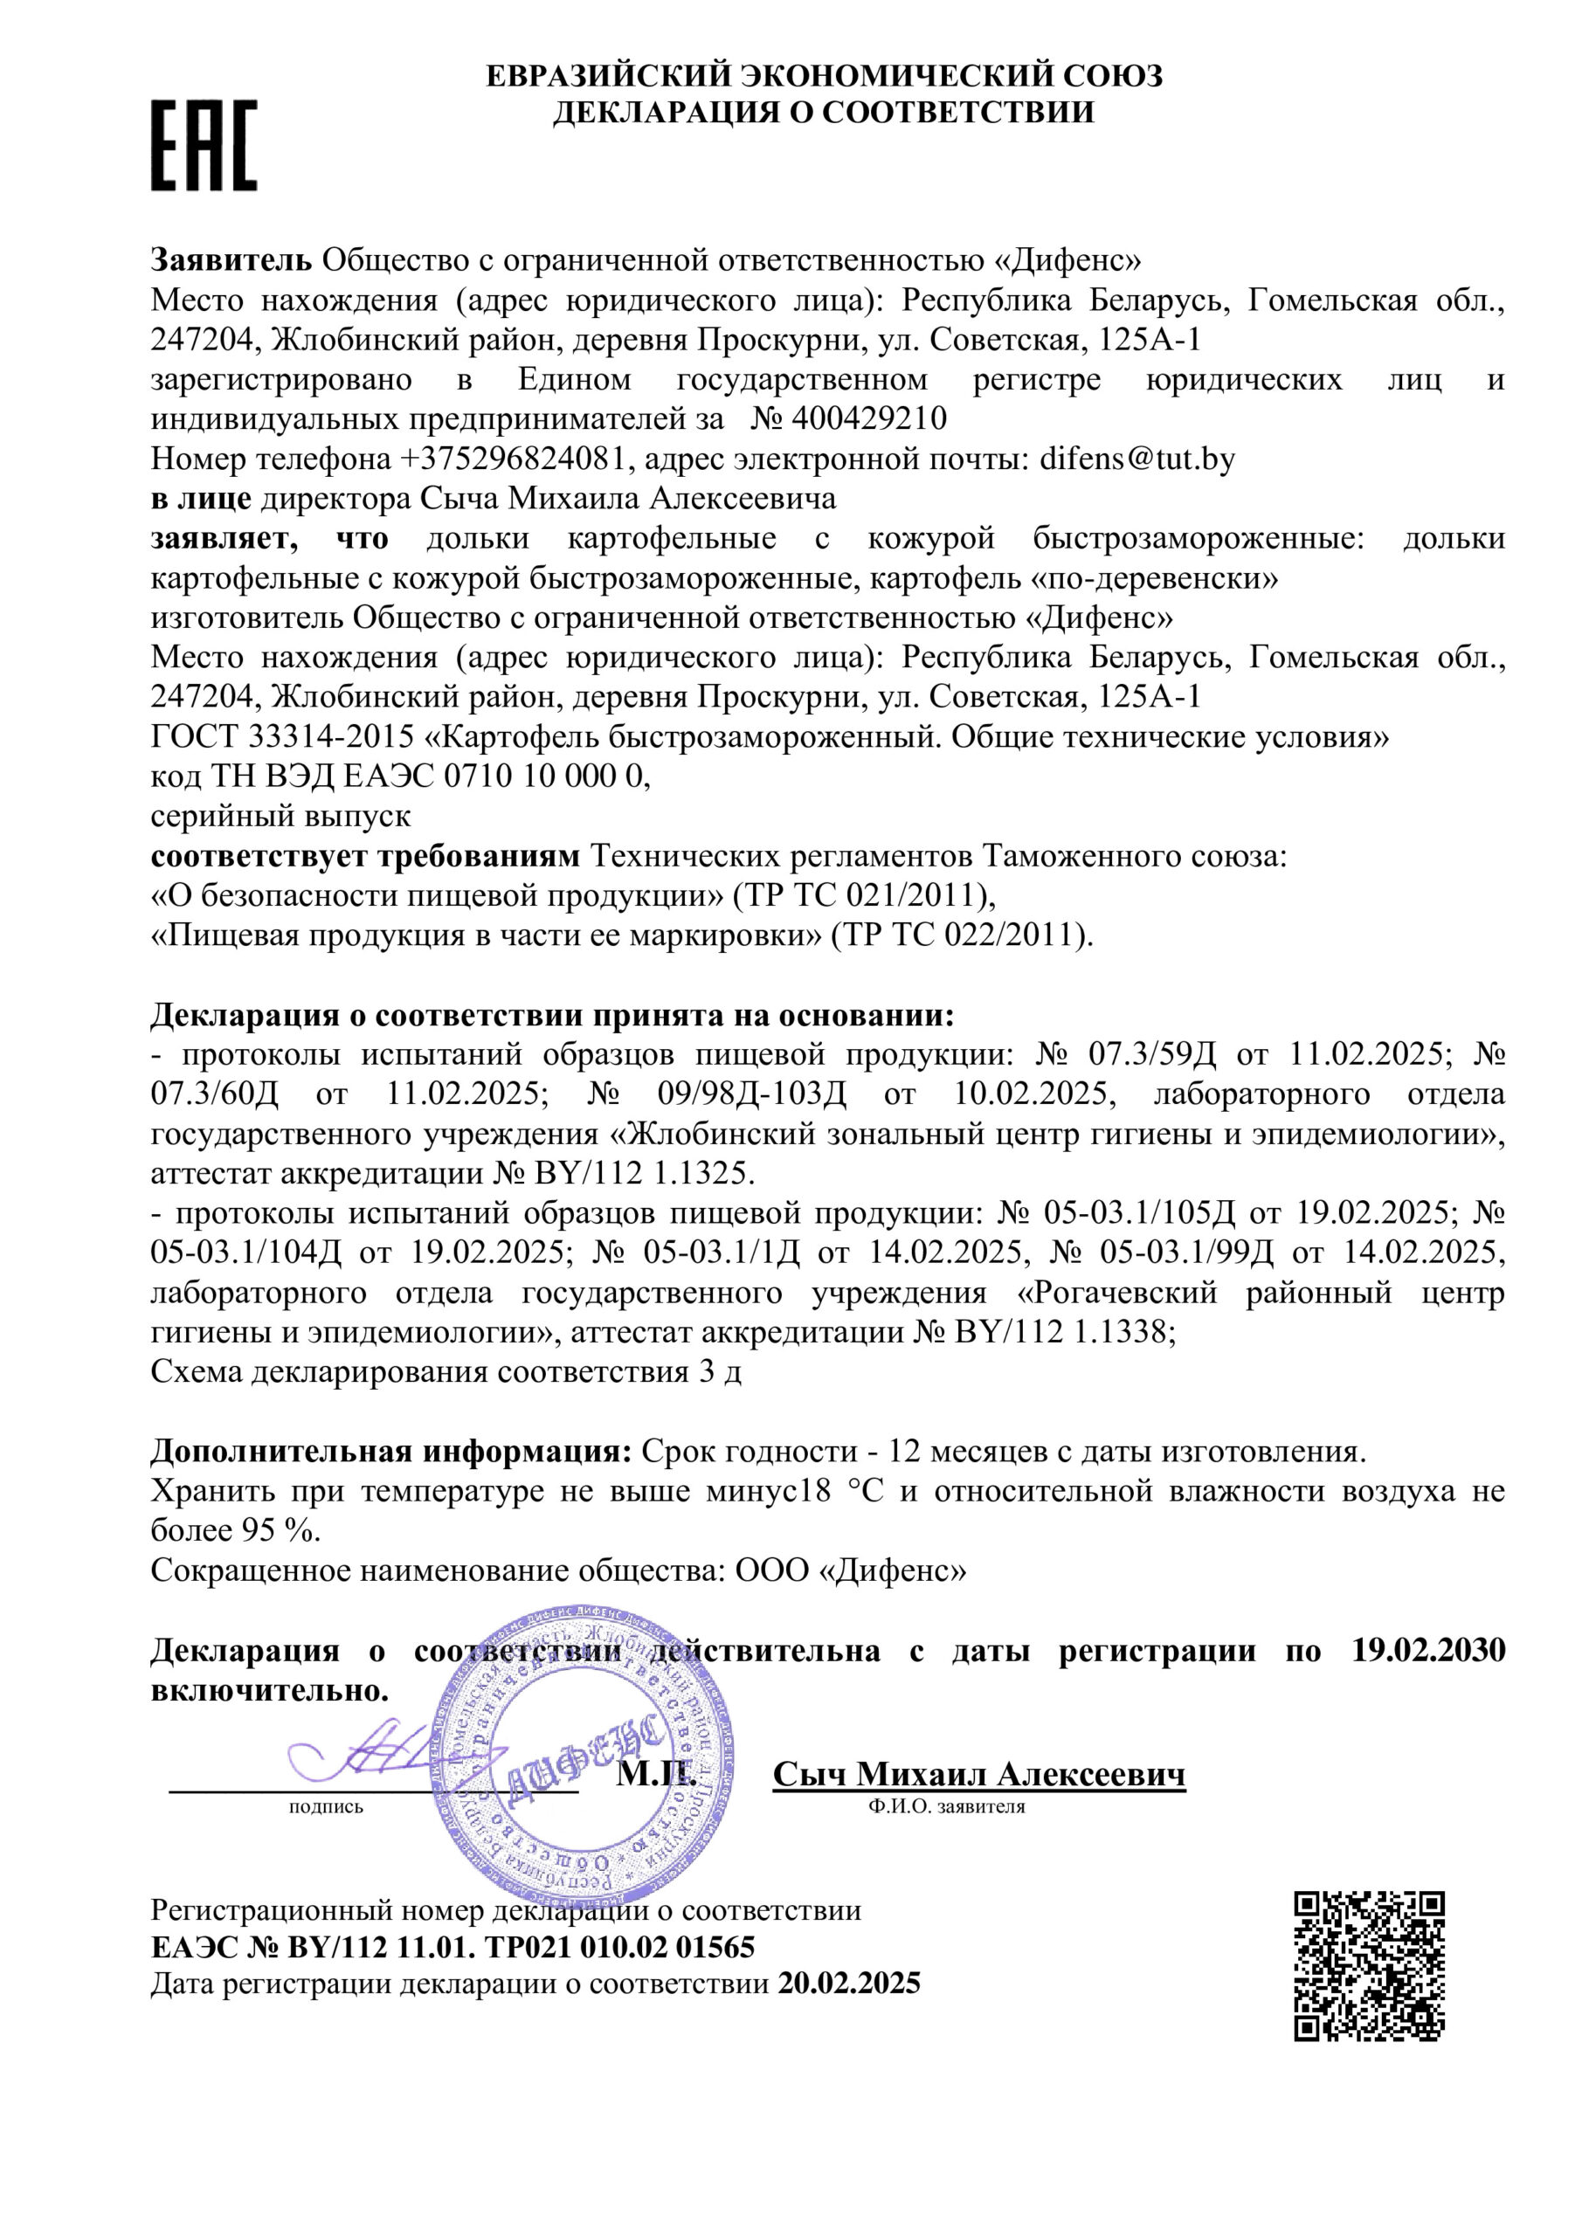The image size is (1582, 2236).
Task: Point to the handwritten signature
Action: click(375, 1756)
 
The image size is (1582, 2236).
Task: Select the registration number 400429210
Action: click(870, 418)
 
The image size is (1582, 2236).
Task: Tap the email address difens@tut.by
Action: click(1137, 459)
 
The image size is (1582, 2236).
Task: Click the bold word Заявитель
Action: click(231, 260)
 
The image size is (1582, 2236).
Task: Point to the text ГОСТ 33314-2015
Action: click(282, 737)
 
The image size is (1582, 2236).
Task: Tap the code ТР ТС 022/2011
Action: click(963, 935)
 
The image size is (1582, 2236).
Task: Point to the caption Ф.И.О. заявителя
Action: click(947, 1806)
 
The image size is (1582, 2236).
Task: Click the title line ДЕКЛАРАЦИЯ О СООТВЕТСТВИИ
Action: click(823, 112)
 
